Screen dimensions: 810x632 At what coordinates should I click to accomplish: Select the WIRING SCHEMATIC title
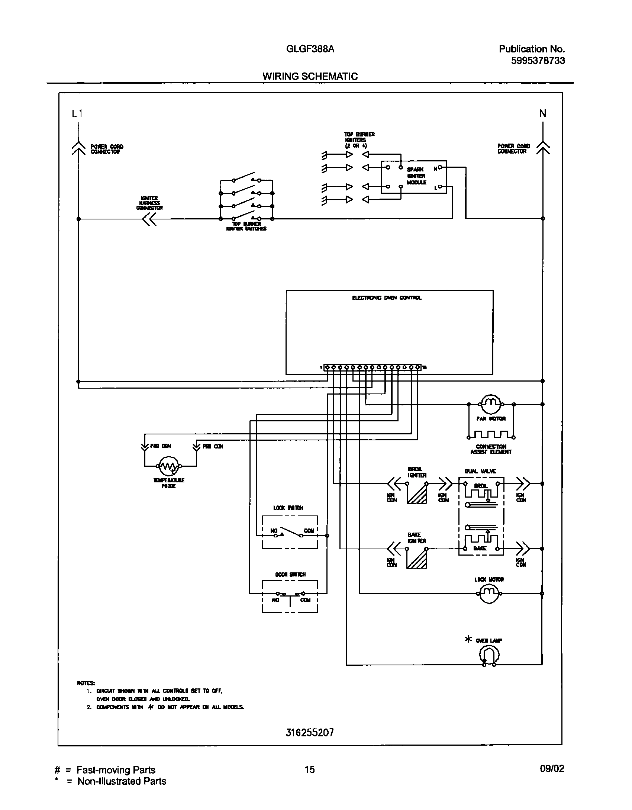[x=310, y=76]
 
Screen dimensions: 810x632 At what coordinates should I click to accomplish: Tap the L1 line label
[x=77, y=114]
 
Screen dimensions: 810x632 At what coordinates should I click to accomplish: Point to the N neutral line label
[x=543, y=113]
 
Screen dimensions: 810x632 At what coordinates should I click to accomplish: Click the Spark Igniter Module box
[x=414, y=177]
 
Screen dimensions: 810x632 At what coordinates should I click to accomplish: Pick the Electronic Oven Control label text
[x=387, y=298]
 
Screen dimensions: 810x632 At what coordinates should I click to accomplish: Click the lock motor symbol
[x=489, y=594]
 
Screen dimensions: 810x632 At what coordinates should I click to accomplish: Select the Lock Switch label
[x=288, y=508]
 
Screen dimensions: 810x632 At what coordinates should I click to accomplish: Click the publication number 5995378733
[x=538, y=61]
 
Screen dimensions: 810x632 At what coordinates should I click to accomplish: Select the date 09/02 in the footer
[x=552, y=769]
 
